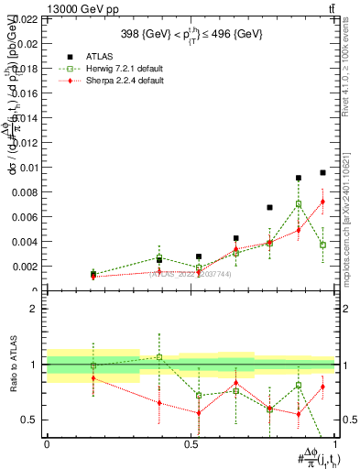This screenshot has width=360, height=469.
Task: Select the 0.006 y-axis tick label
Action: (25, 217)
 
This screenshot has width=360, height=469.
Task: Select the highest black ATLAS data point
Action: (322, 172)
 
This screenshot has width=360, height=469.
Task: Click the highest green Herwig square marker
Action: (299, 204)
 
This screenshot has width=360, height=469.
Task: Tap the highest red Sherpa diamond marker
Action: (322, 202)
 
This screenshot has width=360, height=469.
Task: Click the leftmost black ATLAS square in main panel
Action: (93, 273)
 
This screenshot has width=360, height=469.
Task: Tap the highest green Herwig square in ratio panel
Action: (159, 357)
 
